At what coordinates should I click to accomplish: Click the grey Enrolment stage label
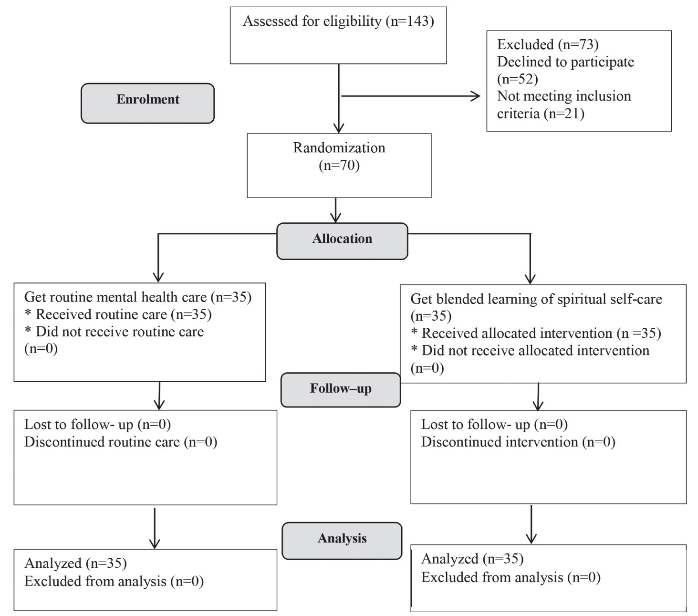coord(147,103)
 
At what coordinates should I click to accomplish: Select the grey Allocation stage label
coord(342,241)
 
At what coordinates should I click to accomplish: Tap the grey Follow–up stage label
coord(341,390)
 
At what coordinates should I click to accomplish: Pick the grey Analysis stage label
coord(342,541)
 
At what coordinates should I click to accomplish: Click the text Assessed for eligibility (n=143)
coord(338,21)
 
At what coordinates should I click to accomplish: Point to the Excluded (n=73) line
coord(548,44)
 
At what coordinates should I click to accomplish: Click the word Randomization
coord(339,147)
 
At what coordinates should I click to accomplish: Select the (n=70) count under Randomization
coord(339,166)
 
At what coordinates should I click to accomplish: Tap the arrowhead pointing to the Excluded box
coord(476,96)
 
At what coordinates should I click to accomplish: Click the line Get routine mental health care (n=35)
coord(138,297)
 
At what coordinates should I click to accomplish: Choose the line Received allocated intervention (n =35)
coord(536,333)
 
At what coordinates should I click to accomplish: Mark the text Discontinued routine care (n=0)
coord(121,442)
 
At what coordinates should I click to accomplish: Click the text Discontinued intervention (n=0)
coord(518,442)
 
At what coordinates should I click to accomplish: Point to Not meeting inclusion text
coord(564,96)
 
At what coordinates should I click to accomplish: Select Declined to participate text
coord(565,62)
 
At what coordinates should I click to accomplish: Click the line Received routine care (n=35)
coord(118,314)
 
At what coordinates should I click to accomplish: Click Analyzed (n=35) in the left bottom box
coord(75,564)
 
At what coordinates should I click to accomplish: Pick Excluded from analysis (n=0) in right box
coord(510,577)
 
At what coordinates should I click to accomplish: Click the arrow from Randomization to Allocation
coord(335,210)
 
